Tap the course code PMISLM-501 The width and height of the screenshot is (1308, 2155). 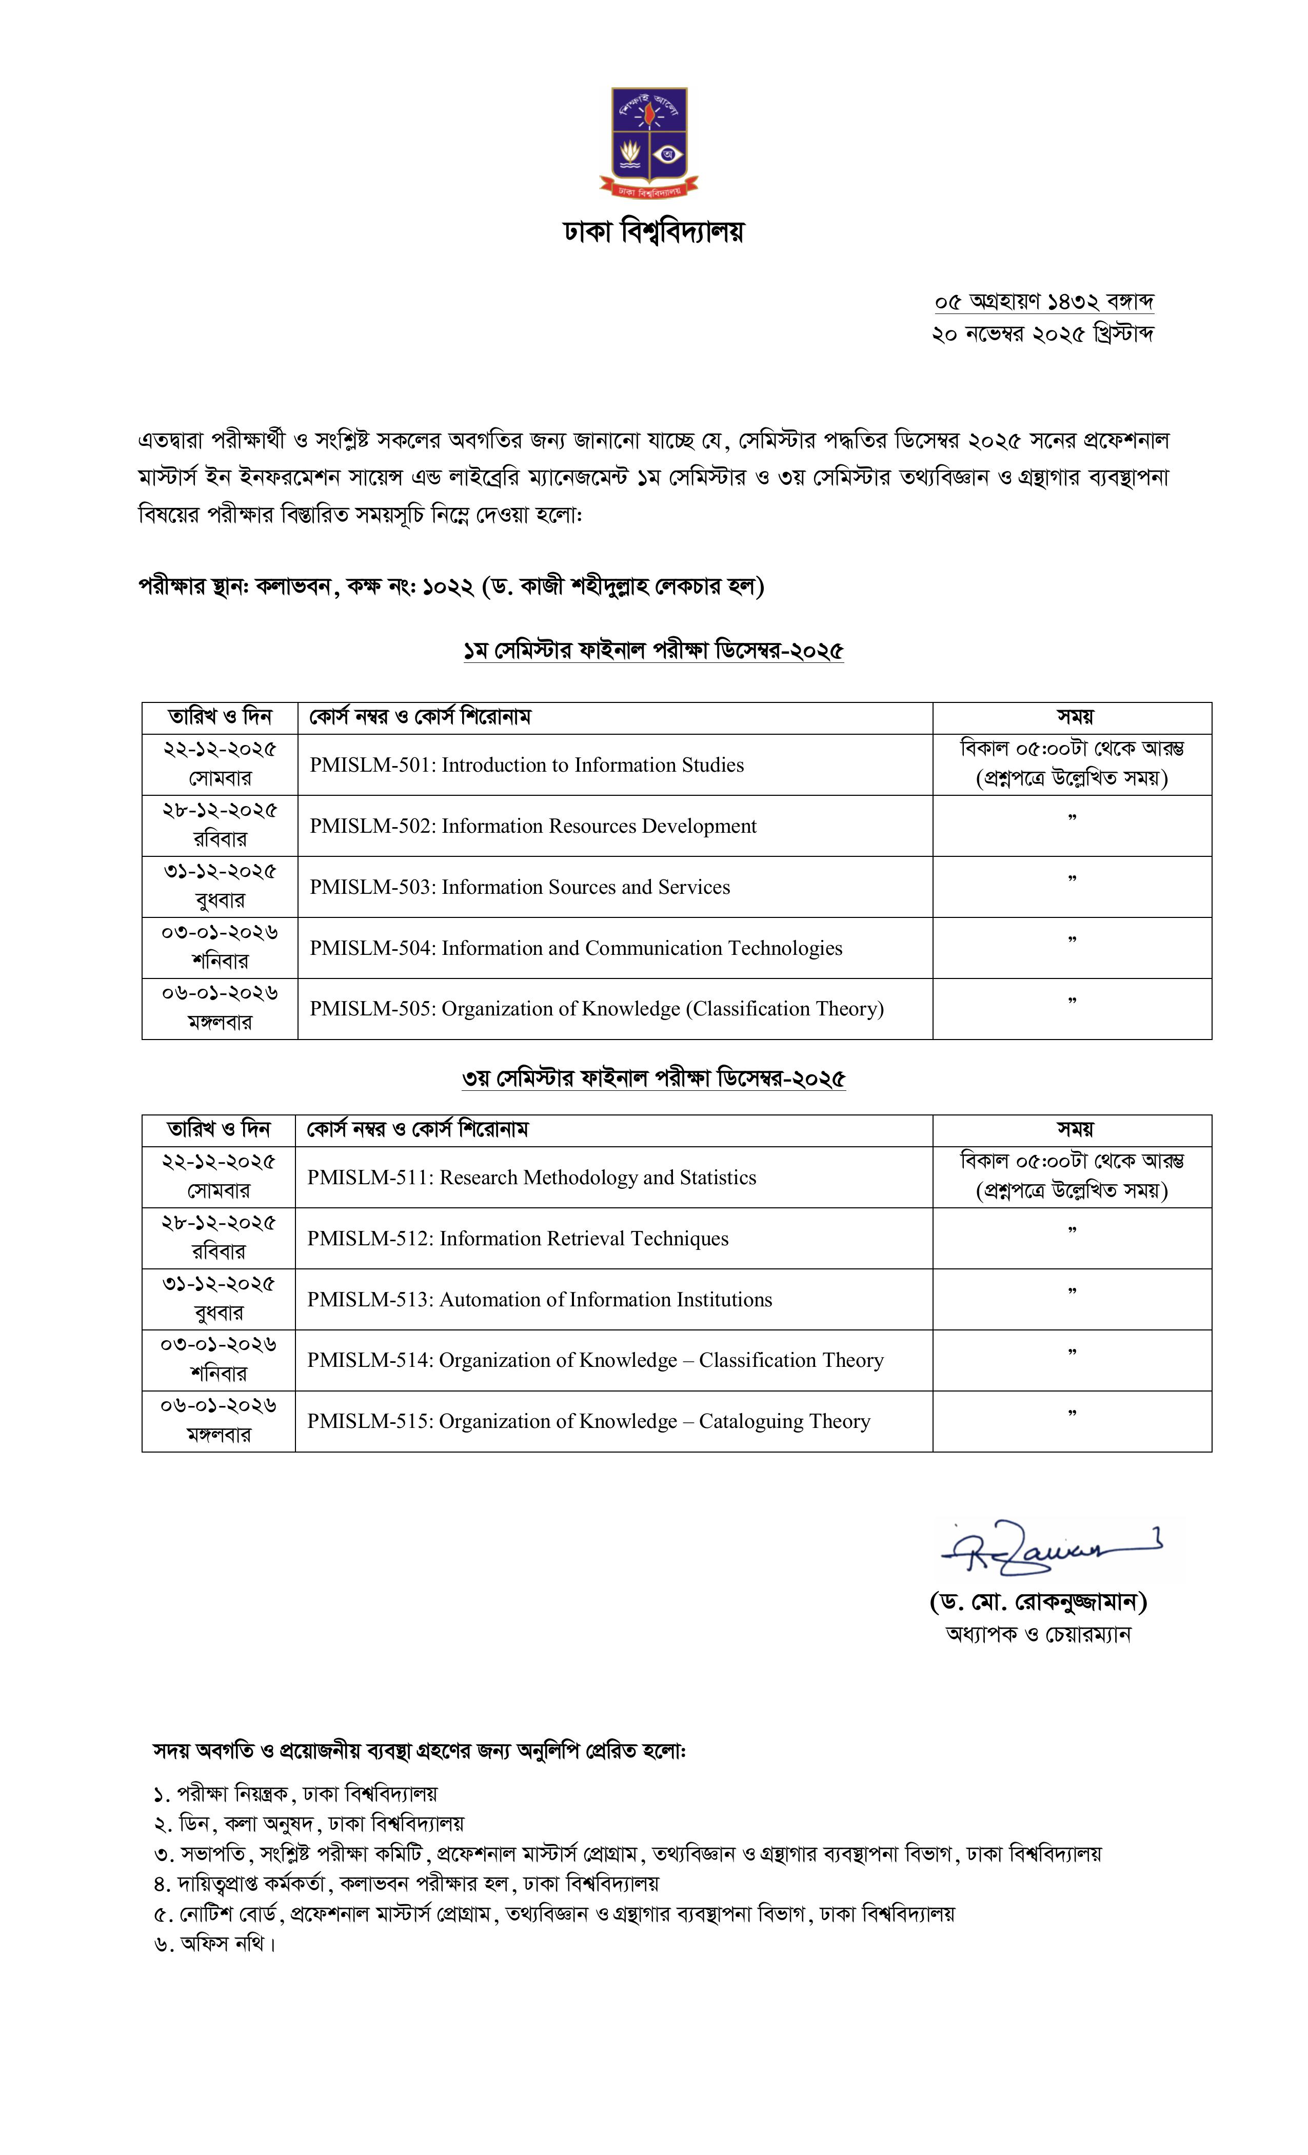[x=371, y=765]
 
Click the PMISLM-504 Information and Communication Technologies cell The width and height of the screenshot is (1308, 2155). [x=576, y=949]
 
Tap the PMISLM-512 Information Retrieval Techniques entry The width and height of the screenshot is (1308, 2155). [x=517, y=1239]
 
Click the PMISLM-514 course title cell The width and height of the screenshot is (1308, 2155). [x=594, y=1361]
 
